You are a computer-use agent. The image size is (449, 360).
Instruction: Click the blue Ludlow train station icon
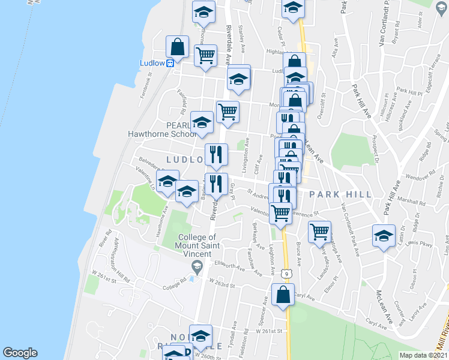click(170, 62)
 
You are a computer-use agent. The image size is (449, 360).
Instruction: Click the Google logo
click(20, 353)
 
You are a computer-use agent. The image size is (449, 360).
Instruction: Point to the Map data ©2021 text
click(423, 355)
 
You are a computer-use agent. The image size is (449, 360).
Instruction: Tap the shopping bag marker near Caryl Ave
click(283, 295)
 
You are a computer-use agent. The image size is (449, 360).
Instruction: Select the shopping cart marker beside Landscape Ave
click(320, 231)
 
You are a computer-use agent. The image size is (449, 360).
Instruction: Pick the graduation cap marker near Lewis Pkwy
click(383, 236)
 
